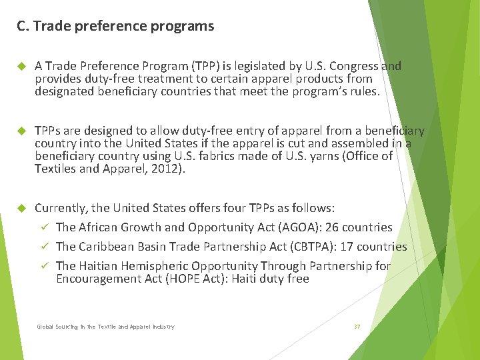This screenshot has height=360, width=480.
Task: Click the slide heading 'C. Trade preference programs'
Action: coord(115,27)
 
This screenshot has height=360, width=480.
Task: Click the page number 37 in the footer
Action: coord(357,327)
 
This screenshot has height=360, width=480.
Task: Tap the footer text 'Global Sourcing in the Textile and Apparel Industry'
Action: coord(105,327)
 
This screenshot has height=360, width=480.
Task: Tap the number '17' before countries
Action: coord(347,247)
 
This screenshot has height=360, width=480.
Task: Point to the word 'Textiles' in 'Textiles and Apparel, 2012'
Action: coord(55,169)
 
